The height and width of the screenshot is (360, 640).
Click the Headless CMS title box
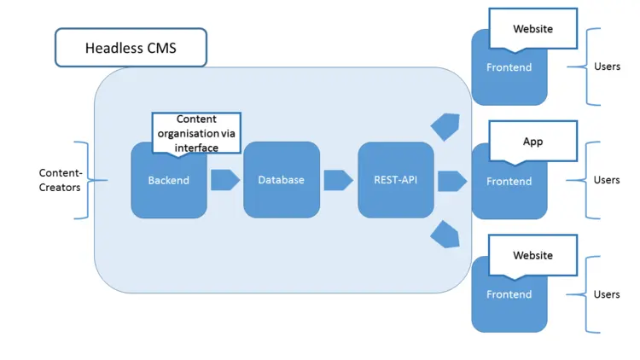tap(131, 48)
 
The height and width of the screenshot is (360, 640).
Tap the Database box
tap(281, 180)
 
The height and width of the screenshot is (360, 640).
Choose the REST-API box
tap(395, 180)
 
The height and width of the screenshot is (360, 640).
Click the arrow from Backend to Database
tap(224, 180)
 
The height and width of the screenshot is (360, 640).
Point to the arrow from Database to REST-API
tap(338, 180)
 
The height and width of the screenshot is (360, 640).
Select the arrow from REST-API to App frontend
tap(451, 181)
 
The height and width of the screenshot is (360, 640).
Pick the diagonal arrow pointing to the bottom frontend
tap(446, 235)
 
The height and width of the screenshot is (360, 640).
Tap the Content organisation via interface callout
tap(196, 132)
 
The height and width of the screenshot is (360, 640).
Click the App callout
tap(532, 142)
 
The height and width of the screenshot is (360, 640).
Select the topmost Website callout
tap(532, 29)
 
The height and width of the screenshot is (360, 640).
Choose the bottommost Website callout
tap(532, 255)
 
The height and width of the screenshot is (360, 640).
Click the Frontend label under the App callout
tap(509, 181)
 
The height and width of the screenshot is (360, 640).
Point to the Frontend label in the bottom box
tap(509, 294)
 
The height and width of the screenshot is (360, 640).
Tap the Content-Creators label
tap(61, 180)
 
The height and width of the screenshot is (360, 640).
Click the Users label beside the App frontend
tap(607, 180)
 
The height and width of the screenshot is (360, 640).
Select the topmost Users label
tap(607, 67)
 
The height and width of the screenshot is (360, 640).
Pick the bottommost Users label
tap(607, 294)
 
